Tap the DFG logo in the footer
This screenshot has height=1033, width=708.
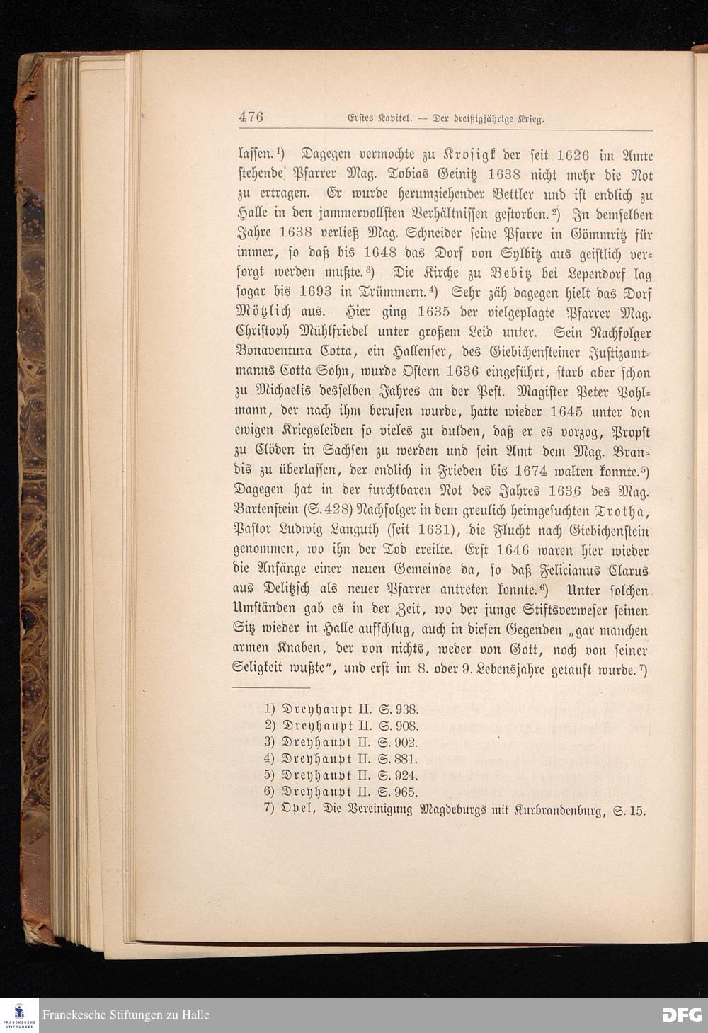682,1015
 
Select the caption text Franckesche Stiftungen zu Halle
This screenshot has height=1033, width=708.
126,1015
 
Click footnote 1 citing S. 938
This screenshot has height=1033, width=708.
343,709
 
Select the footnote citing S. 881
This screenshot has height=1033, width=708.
343,759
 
